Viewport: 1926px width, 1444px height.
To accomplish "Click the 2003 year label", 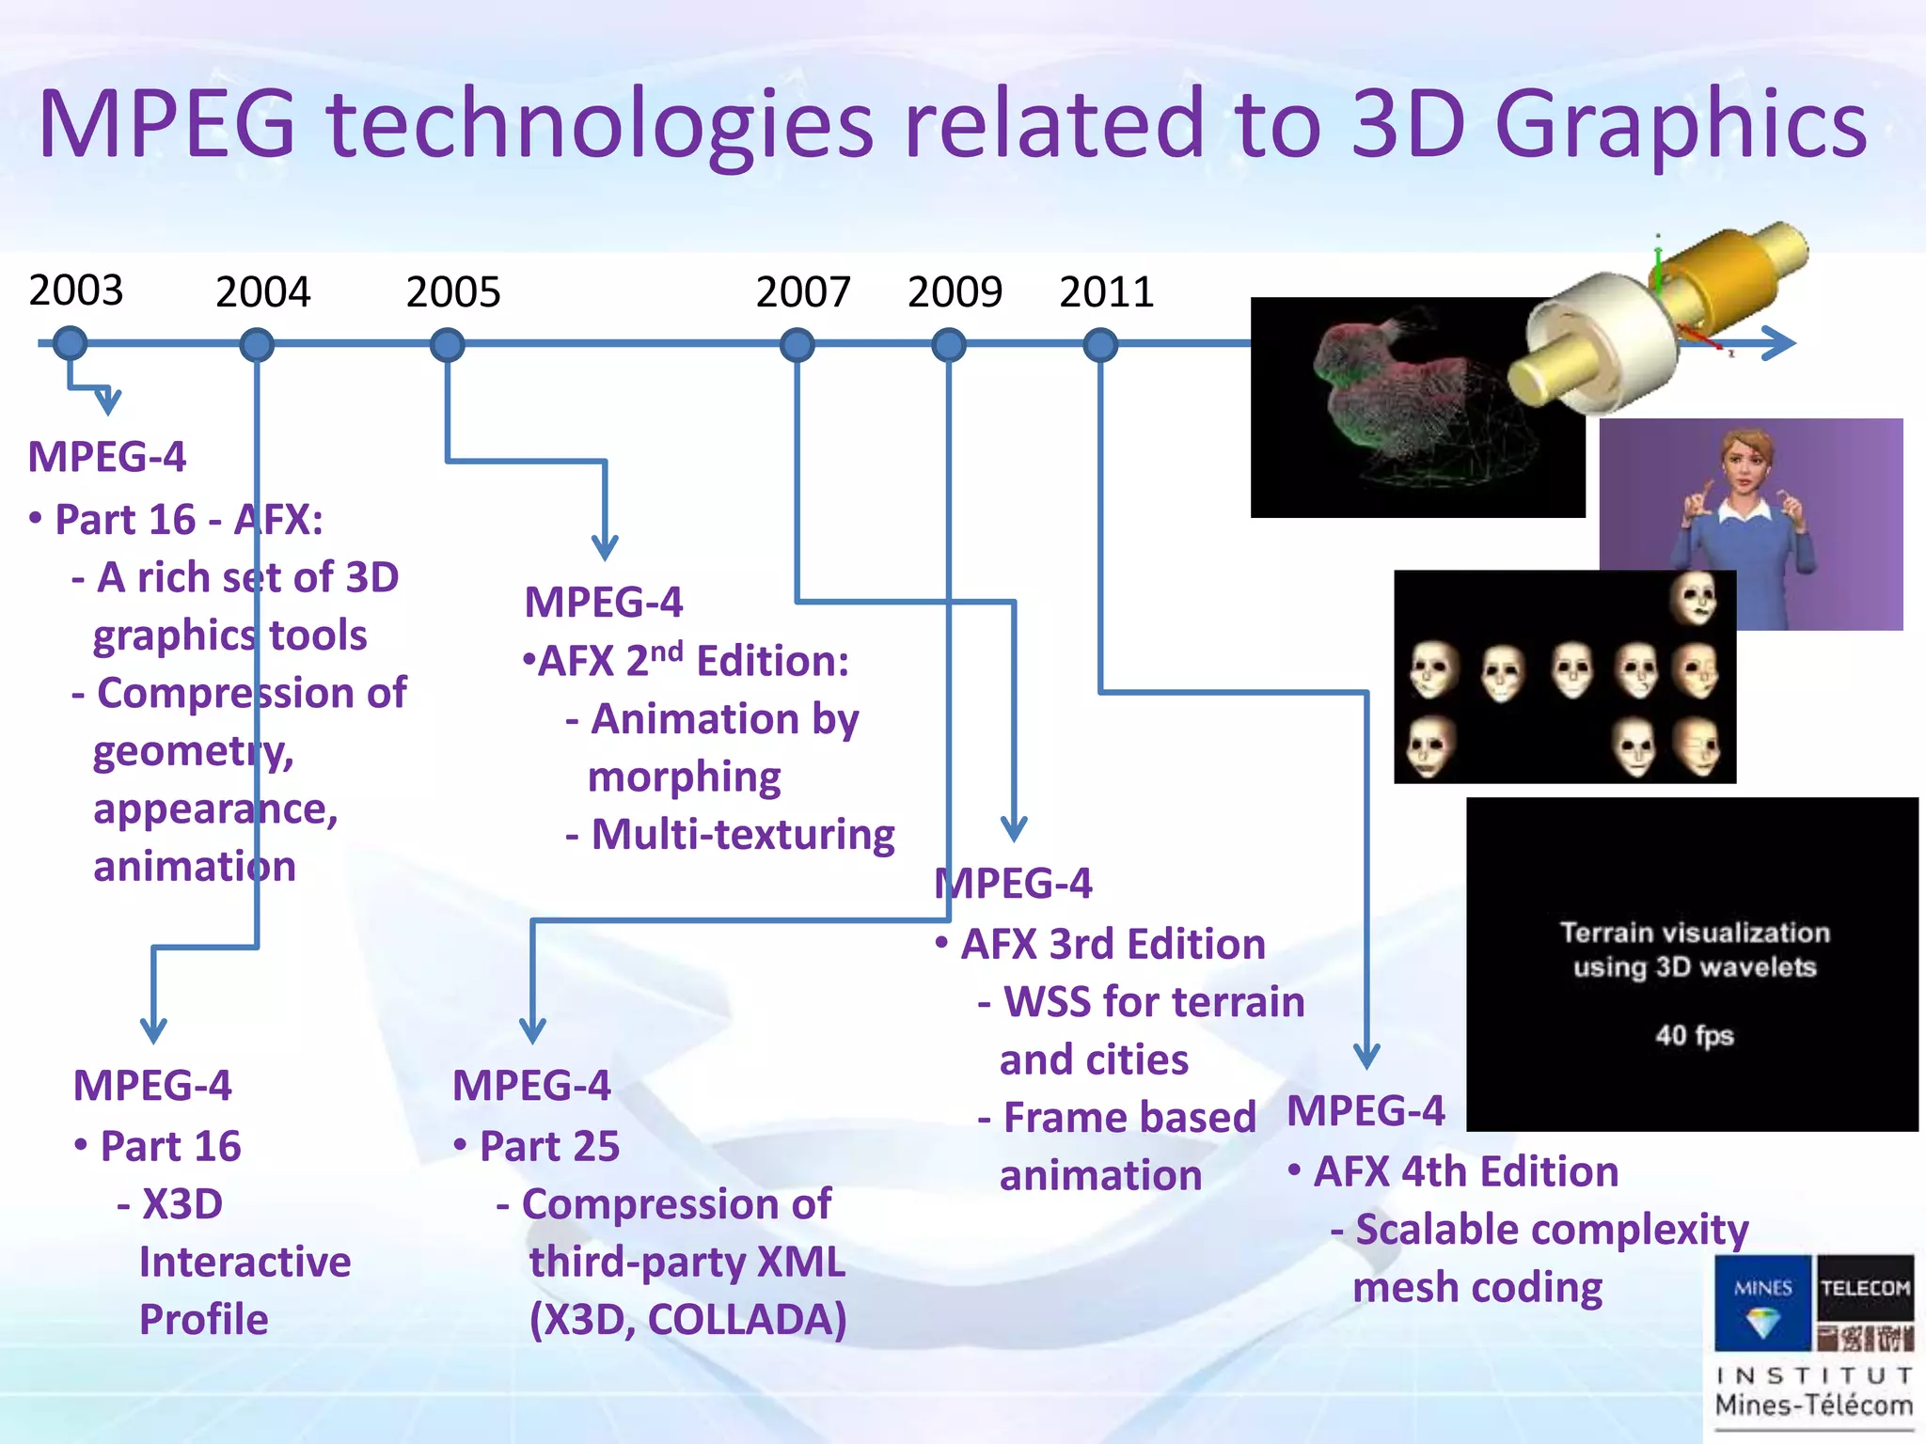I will pyautogui.click(x=76, y=290).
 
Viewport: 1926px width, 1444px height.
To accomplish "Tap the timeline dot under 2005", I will pyautogui.click(x=447, y=345).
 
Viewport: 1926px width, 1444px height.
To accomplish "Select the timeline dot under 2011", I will pyautogui.click(x=1099, y=345).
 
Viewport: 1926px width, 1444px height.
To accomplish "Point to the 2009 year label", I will pyautogui.click(x=955, y=291).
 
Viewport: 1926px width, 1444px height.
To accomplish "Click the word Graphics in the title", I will pyautogui.click(x=1681, y=125).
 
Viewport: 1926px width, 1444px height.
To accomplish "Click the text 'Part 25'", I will pyautogui.click(x=549, y=1146).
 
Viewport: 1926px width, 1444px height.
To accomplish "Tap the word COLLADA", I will pyautogui.click(x=746, y=1319).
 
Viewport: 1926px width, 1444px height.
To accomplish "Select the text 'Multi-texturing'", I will pyautogui.click(x=742, y=835).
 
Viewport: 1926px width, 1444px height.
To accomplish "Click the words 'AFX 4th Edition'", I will pyautogui.click(x=1465, y=1172).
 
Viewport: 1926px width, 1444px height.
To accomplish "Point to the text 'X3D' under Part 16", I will pyautogui.click(x=182, y=1204).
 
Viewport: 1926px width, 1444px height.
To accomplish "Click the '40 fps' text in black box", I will pyautogui.click(x=1694, y=1035).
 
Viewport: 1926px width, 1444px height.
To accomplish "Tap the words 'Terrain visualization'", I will pyautogui.click(x=1695, y=933).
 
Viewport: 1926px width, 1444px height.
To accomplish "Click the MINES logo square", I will pyautogui.click(x=1762, y=1302).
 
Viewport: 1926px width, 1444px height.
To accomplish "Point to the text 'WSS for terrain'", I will pyautogui.click(x=1153, y=1002).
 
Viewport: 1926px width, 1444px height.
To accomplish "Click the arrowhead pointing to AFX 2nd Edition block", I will pyautogui.click(x=605, y=547).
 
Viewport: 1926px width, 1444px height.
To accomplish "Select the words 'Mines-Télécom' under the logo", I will pyautogui.click(x=1813, y=1405).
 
